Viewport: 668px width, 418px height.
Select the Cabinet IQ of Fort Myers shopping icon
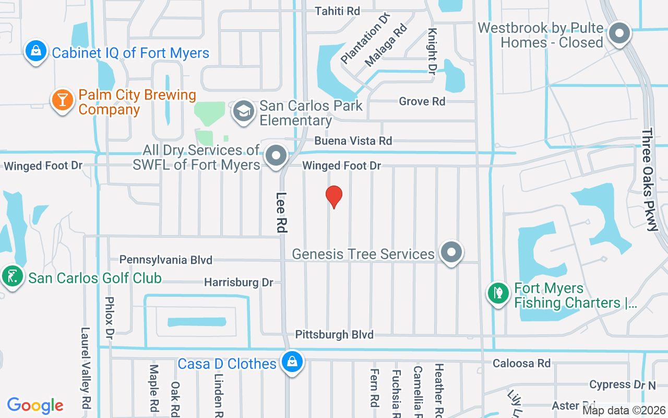(35, 51)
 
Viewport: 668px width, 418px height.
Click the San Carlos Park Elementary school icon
(243, 111)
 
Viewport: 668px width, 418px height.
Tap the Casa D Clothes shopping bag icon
(292, 362)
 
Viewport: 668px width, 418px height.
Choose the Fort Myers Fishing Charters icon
(498, 293)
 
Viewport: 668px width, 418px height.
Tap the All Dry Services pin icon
(276, 156)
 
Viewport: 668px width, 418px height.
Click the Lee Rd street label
(282, 212)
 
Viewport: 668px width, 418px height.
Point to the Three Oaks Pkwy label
(650, 180)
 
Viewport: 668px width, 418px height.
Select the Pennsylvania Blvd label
(166, 260)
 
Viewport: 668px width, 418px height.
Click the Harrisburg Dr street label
(238, 282)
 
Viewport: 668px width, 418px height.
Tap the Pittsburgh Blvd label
(335, 334)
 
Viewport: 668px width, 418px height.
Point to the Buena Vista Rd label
(353, 141)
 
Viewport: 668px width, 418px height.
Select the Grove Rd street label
(422, 101)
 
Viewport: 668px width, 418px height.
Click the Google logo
(35, 405)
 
